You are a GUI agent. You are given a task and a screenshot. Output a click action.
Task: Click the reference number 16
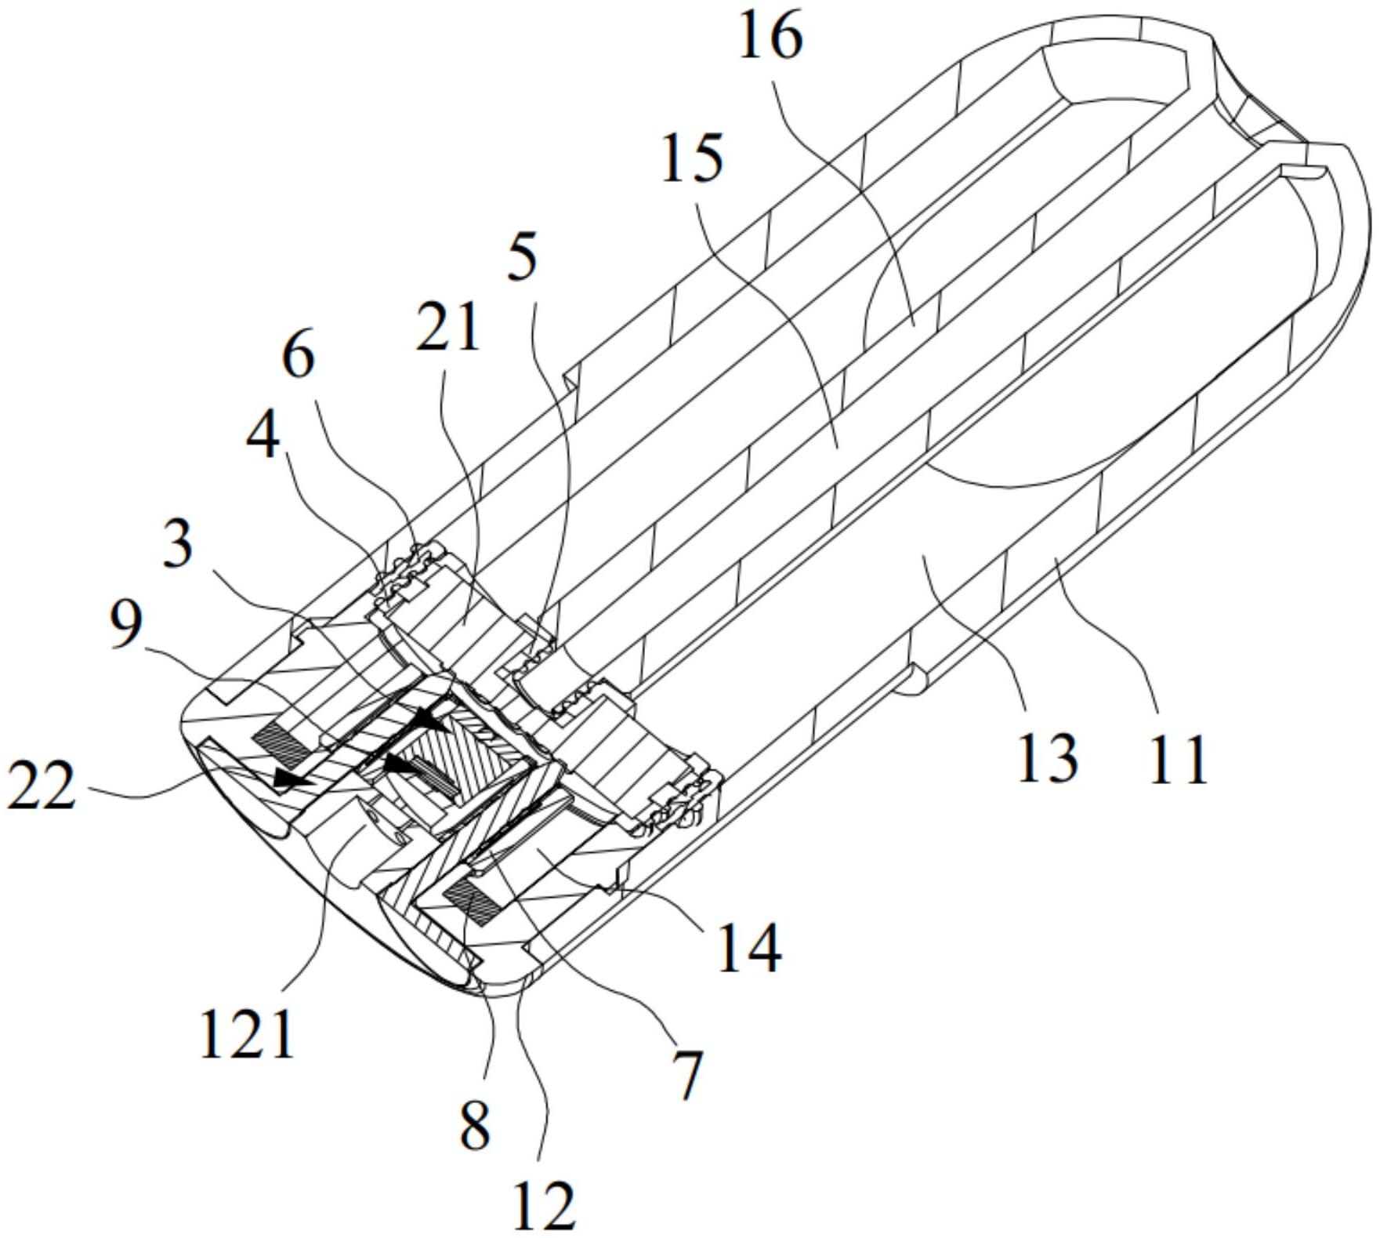tap(771, 39)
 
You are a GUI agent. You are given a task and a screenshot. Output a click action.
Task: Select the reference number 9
tap(126, 626)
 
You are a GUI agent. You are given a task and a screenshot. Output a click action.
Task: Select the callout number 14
tap(749, 949)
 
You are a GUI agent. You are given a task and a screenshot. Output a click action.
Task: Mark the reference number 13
tap(1047, 758)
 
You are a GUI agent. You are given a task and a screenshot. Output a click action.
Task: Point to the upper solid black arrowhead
tap(433, 720)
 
